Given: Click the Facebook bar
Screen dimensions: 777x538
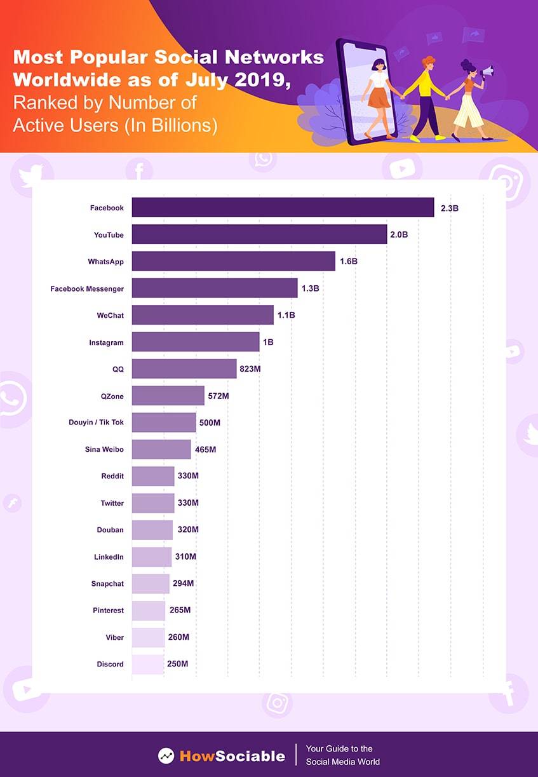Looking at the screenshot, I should coord(283,207).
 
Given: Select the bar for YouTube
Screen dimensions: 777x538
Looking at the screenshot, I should coord(259,234).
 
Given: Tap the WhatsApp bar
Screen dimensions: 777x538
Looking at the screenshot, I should coord(233,261).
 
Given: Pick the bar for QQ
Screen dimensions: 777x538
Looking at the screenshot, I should coord(184,368).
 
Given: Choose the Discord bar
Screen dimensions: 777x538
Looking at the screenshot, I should coord(147,664).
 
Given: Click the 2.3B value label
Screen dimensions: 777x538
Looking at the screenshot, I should coord(449,208).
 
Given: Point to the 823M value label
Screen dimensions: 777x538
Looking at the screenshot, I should coord(250,369).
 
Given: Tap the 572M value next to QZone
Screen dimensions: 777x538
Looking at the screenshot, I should coord(218,396).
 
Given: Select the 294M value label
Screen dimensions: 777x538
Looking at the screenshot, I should coord(184,583).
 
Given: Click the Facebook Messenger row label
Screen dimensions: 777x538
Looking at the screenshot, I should coord(87,288).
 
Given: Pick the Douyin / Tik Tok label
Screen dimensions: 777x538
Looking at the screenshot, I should coord(96,422).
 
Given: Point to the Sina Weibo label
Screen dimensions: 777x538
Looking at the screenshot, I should coord(104,449).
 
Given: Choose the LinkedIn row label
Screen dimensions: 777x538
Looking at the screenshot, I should coord(109,557).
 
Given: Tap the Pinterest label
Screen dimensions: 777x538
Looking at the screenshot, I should coord(108,611).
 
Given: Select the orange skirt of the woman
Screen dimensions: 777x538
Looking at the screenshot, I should coord(379,98).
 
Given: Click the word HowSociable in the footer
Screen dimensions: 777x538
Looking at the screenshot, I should coord(232,756).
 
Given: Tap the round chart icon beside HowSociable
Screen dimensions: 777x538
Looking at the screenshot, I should coord(166,755).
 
